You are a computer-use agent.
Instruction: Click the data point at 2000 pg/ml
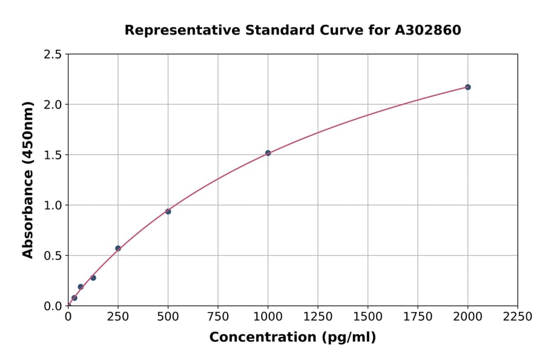467,87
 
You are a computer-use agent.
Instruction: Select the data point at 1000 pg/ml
268,153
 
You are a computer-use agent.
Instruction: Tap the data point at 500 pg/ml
168,212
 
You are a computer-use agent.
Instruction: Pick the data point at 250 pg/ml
118,248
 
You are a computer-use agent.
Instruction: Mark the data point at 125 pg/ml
93,278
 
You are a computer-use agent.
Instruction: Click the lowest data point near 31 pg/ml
74,298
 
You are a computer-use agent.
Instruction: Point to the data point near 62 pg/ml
81,287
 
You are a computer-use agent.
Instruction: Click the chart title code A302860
429,30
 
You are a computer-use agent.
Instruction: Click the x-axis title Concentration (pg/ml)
292,338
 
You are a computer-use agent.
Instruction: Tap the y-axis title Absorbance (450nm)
28,179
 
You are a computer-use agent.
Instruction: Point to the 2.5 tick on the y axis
53,55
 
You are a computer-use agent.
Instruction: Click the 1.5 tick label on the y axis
53,155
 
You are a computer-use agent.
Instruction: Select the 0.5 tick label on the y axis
53,256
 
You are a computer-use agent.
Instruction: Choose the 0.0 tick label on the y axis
53,306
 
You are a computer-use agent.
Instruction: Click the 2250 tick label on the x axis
518,317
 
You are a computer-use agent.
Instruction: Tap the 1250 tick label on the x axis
318,317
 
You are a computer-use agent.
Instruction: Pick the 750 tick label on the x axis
218,317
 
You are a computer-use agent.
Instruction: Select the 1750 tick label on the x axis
418,317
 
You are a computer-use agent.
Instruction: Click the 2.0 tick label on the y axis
53,105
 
